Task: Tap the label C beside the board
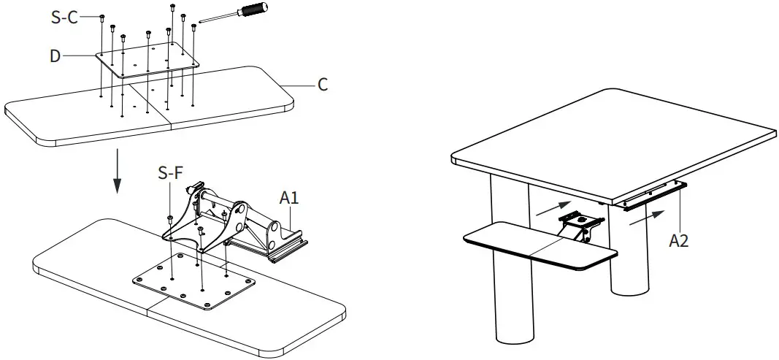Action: [322, 85]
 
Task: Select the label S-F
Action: [170, 174]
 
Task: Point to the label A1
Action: [290, 196]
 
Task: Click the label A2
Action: [680, 241]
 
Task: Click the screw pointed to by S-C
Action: [101, 17]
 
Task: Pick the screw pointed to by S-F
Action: [170, 218]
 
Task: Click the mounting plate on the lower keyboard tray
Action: [193, 280]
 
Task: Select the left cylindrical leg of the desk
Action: [515, 292]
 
